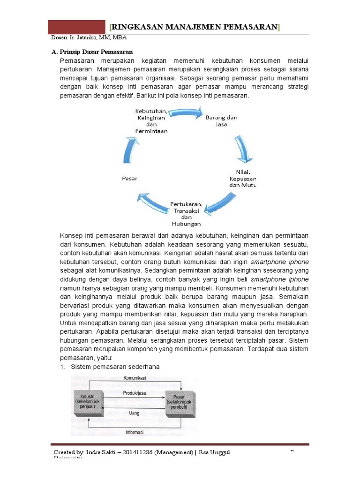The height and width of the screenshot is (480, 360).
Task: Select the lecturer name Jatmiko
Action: click(x=85, y=38)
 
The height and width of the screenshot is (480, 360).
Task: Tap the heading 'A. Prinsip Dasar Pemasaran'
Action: click(x=92, y=52)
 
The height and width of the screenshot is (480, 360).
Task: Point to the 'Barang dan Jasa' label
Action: click(x=222, y=121)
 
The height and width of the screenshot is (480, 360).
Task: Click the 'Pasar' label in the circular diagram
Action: click(x=129, y=178)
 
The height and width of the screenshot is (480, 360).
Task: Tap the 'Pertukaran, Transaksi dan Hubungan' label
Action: click(x=186, y=214)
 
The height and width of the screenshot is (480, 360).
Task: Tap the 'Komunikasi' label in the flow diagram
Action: click(x=135, y=378)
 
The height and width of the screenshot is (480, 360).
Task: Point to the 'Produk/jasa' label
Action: click(x=135, y=393)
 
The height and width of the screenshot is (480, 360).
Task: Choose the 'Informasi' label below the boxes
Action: click(x=135, y=432)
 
